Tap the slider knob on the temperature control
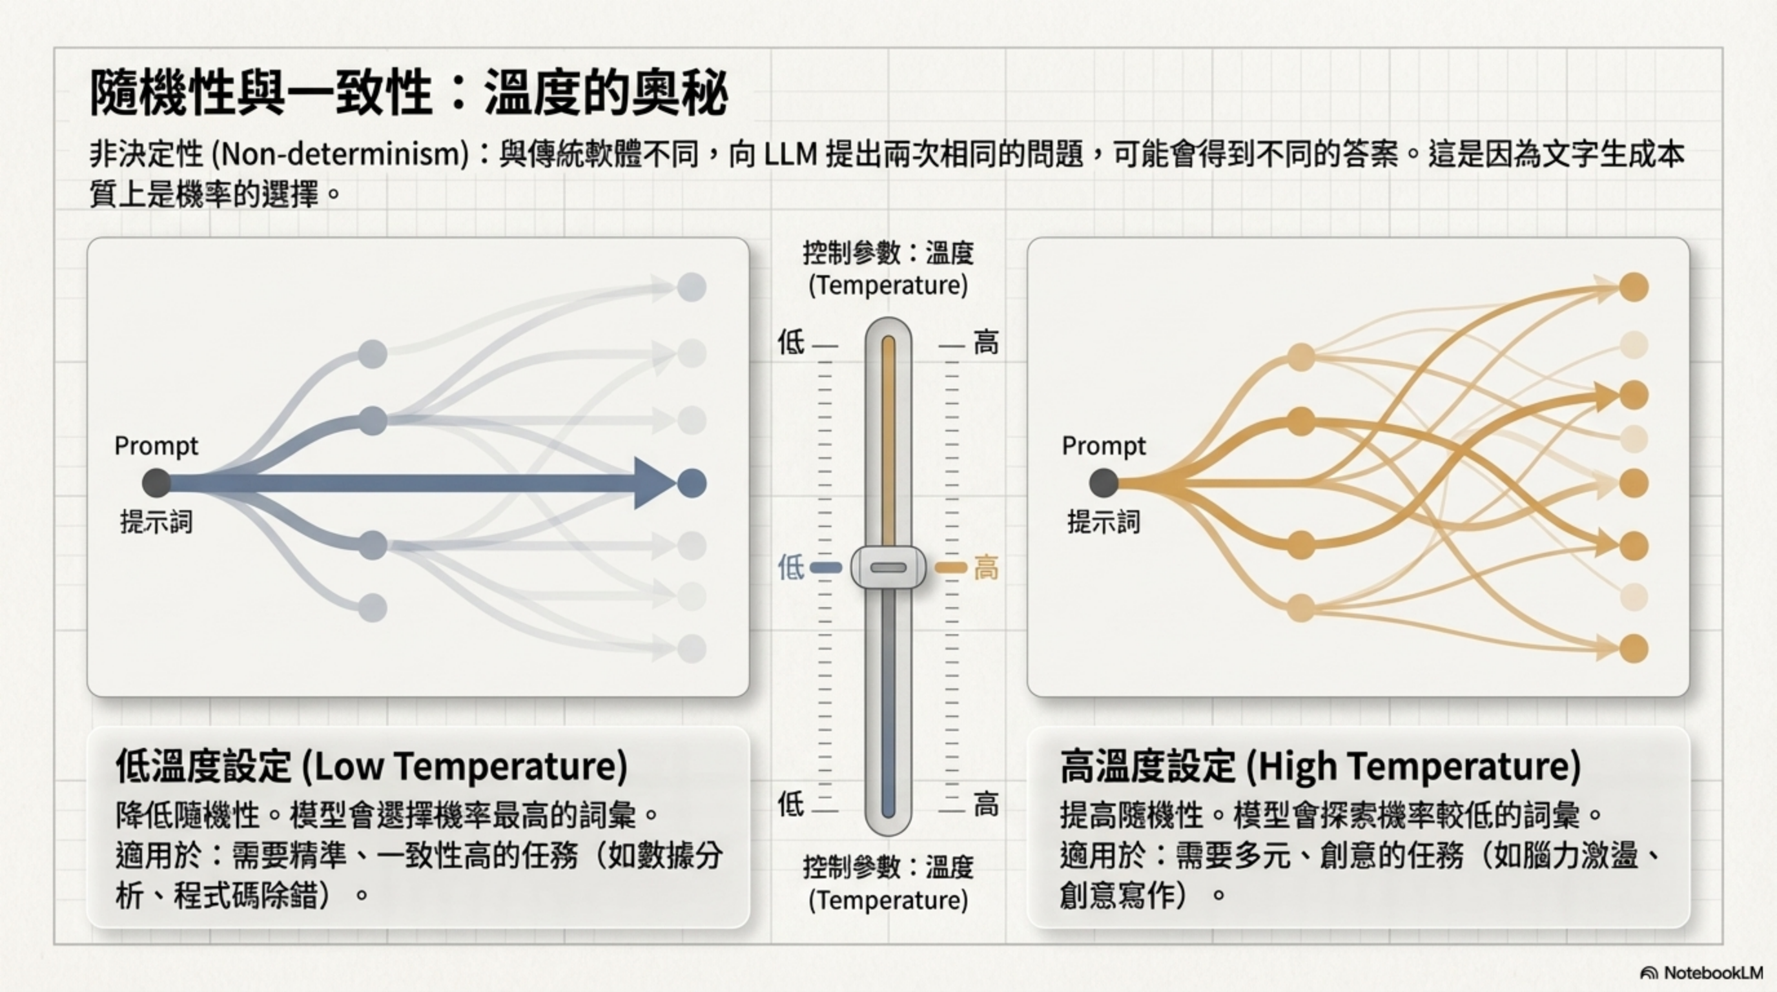(888, 568)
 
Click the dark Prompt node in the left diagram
(157, 483)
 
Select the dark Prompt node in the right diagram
(1104, 483)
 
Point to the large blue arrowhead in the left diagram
(653, 483)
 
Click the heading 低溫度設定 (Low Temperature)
(371, 766)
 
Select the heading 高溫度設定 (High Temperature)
(1320, 766)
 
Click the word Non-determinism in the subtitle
(341, 154)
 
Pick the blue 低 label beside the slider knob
(790, 568)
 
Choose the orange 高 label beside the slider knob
(986, 569)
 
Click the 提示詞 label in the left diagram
(157, 522)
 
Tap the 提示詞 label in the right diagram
(1104, 522)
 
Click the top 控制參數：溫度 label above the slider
(888, 254)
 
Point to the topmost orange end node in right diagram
(1634, 287)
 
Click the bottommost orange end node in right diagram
(1634, 648)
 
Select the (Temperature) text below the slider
(888, 900)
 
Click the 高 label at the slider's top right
(986, 343)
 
